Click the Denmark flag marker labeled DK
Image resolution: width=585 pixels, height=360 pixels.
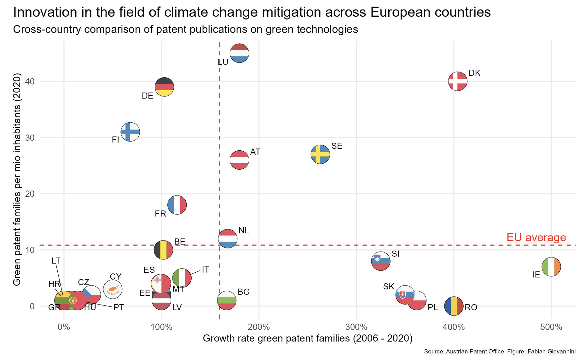click(457, 81)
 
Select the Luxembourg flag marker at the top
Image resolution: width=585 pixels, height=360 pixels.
click(239, 53)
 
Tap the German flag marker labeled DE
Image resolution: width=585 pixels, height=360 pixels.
click(164, 87)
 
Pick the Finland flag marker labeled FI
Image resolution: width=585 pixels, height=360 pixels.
click(130, 132)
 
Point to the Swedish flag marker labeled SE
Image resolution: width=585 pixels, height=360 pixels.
click(320, 154)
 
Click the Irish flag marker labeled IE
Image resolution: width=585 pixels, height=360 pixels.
click(551, 267)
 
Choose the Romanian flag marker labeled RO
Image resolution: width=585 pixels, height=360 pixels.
click(454, 306)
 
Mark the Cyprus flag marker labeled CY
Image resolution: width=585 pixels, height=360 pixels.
click(113, 289)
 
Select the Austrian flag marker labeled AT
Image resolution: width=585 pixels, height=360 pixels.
click(239, 160)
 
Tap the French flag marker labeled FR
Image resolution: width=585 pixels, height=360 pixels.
click(177, 205)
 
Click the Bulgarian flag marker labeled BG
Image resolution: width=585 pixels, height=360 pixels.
click(227, 300)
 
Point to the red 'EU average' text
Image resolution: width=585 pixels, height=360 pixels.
click(536, 237)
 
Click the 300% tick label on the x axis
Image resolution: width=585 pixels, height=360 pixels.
click(356, 327)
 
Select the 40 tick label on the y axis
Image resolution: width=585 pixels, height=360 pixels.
click(30, 81)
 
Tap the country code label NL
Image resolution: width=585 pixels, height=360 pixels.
click(244, 230)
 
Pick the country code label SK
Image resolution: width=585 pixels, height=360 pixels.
click(389, 287)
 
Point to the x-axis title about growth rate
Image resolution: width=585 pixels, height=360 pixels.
click(307, 338)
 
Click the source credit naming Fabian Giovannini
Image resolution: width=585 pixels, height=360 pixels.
click(500, 351)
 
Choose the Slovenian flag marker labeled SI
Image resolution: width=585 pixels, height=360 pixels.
click(381, 261)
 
